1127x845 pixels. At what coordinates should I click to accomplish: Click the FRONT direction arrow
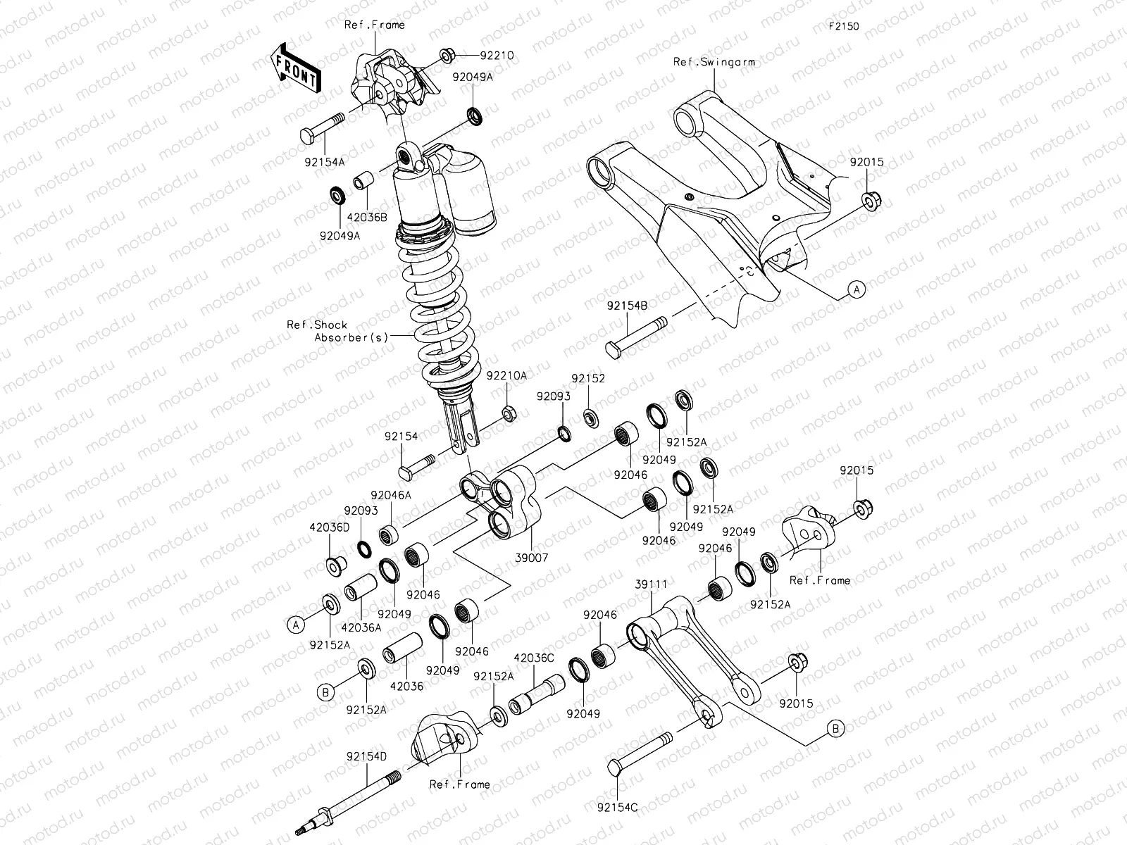pyautogui.click(x=295, y=67)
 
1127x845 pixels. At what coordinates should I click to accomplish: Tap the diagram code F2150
pyautogui.click(x=843, y=27)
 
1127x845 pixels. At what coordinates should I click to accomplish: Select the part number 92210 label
pyautogui.click(x=497, y=54)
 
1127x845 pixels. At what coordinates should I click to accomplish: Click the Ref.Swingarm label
pyautogui.click(x=714, y=62)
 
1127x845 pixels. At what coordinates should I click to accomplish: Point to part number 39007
pyautogui.click(x=532, y=556)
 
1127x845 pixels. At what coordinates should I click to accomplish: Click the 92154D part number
pyautogui.click(x=366, y=756)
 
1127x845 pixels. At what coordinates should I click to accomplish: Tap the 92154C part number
pyautogui.click(x=617, y=808)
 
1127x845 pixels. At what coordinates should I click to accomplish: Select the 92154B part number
pyautogui.click(x=628, y=306)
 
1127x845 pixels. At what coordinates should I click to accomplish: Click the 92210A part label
pyautogui.click(x=506, y=376)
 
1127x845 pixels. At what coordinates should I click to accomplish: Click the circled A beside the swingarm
pyautogui.click(x=857, y=289)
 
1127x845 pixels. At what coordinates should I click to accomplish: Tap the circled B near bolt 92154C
pyautogui.click(x=835, y=729)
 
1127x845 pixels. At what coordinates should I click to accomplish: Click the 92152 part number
pyautogui.click(x=588, y=378)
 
